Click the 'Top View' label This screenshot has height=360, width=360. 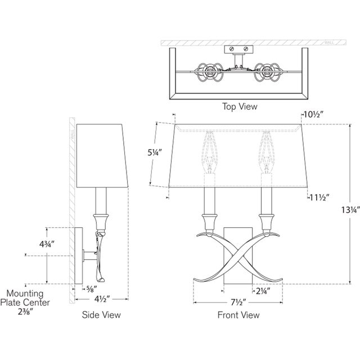[x=240, y=106]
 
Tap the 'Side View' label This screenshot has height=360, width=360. [x=101, y=315]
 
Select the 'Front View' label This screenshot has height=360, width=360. [x=238, y=315]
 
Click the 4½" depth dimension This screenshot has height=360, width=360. [x=102, y=299]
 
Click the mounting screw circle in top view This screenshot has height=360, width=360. [x=231, y=50]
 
